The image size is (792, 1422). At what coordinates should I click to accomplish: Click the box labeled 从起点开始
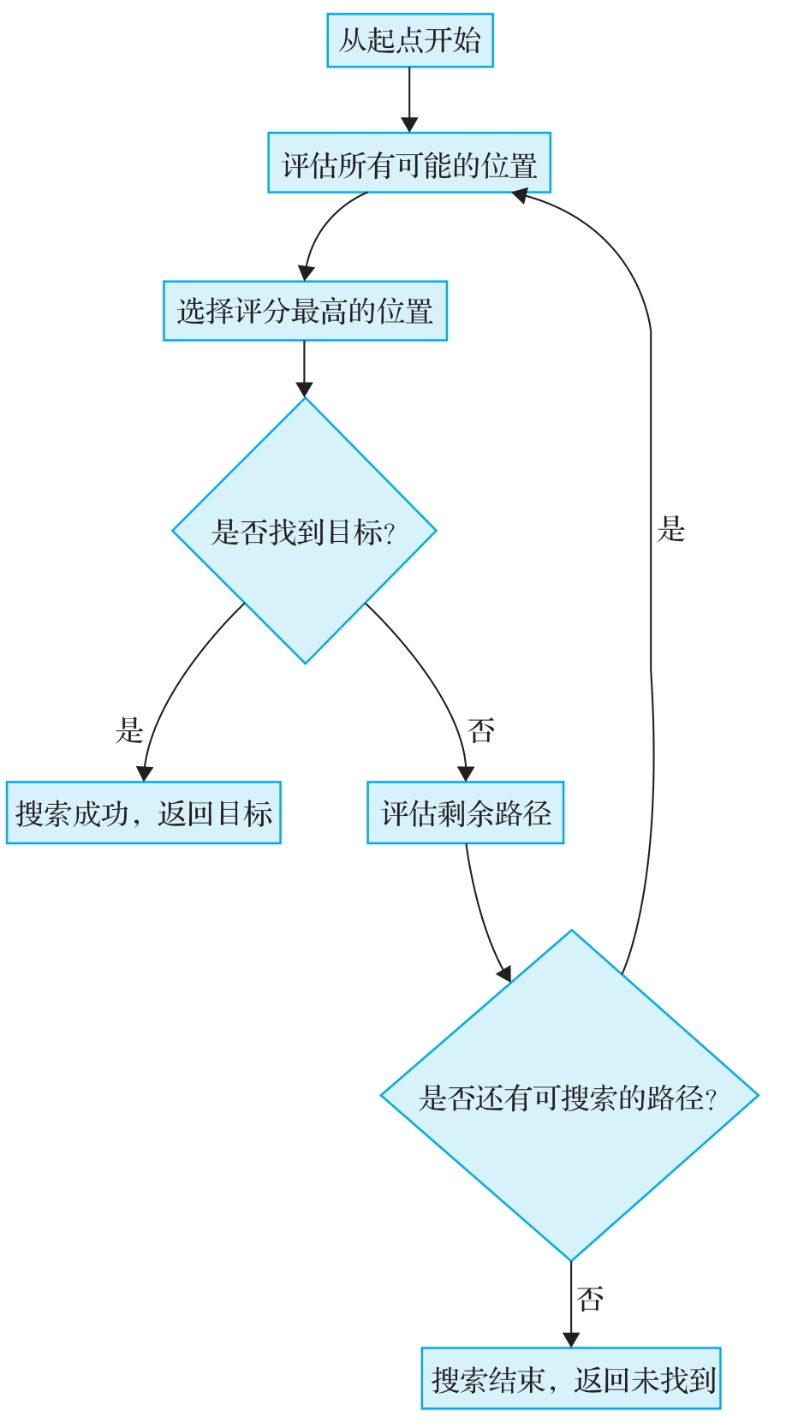point(409,40)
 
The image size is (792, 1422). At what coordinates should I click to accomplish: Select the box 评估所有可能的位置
point(409,163)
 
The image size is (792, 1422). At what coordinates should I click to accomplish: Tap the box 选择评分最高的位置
point(305,311)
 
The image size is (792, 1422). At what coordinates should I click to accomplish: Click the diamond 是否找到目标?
point(304,531)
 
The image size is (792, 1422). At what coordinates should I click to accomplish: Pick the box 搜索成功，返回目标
point(143,812)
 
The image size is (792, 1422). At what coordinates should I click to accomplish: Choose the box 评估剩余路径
point(465,812)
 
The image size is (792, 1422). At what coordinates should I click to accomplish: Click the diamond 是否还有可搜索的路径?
point(569,1096)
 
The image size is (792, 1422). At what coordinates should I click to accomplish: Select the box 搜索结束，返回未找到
point(571,1378)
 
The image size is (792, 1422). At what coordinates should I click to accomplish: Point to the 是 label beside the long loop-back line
point(671,529)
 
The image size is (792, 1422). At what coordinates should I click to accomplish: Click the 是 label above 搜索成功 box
point(129,730)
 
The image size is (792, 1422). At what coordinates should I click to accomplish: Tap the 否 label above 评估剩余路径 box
point(481,730)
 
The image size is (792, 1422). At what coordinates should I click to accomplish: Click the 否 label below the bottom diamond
point(590,1300)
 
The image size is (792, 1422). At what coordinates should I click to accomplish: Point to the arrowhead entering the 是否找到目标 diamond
point(304,389)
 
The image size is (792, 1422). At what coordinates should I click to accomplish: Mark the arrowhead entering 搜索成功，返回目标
point(145,773)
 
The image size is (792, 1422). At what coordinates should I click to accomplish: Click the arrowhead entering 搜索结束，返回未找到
point(571,1339)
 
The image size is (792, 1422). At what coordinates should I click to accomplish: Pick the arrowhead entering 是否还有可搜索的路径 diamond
point(504,973)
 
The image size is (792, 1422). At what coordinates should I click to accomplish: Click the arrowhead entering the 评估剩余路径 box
point(465,773)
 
